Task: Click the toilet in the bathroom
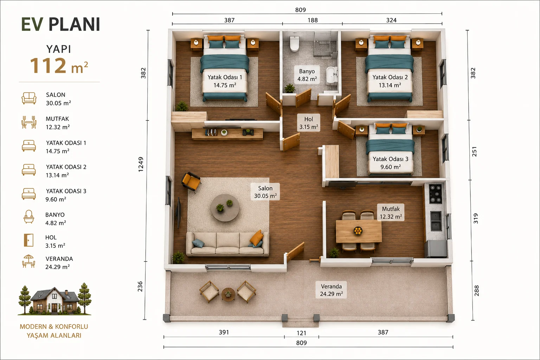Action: coord(294,43)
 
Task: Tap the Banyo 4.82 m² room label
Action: coord(307,75)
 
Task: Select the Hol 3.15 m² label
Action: coord(309,123)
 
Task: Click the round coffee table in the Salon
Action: coord(225,208)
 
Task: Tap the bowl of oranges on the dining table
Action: coord(358,231)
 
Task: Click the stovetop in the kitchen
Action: coord(435,194)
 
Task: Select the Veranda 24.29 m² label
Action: coord(331,290)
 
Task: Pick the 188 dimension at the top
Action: coord(313,20)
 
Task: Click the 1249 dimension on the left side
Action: coord(141,165)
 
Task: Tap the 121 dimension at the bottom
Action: coord(301,333)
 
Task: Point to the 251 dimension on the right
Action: coord(474,152)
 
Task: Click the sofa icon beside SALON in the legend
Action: coord(29,98)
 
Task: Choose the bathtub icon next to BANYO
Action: coord(29,217)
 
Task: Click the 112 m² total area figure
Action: coord(59,66)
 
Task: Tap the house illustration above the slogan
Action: coord(55,299)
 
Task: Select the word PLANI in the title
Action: coord(75,24)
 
